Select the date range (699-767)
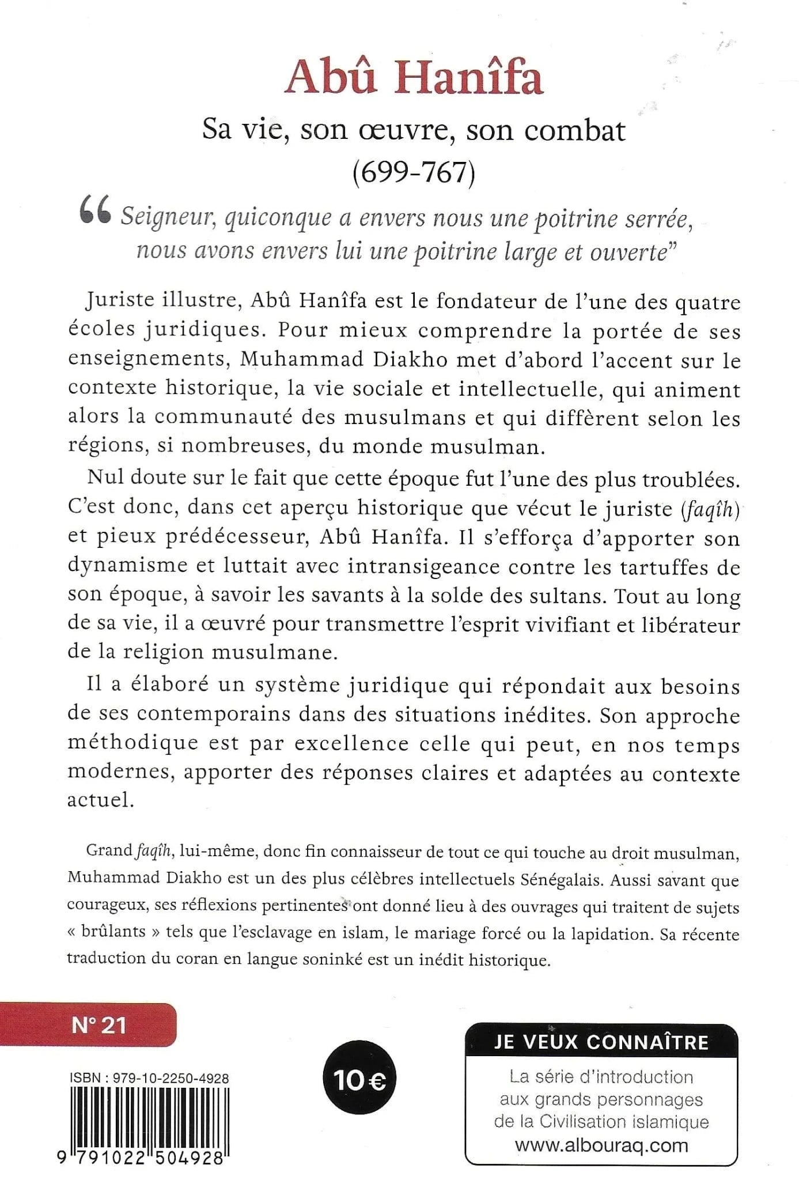click(x=414, y=172)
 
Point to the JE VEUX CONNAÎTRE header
click(x=601, y=1042)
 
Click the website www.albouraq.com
click(x=601, y=1145)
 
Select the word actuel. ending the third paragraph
click(x=100, y=800)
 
